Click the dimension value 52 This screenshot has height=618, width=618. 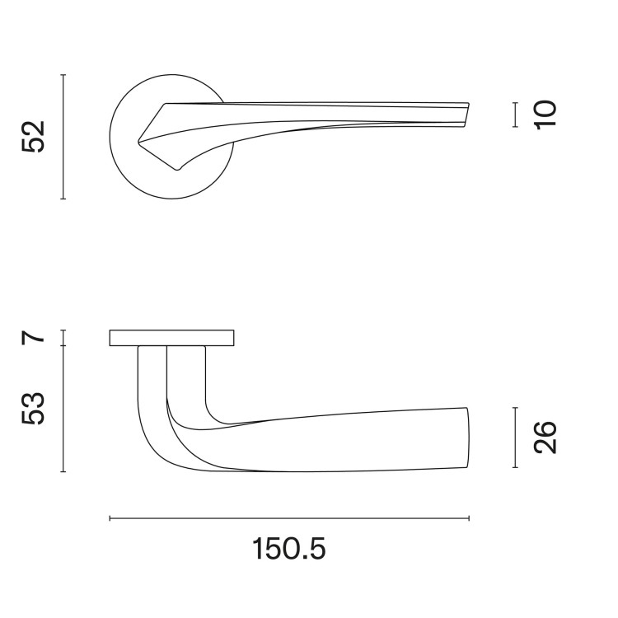click(x=33, y=137)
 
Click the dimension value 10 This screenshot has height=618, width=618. click(x=545, y=114)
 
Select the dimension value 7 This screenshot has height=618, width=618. click(x=33, y=337)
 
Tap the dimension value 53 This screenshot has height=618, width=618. click(x=33, y=409)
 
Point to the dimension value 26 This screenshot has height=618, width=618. click(x=545, y=438)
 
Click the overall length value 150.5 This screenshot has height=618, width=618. click(x=288, y=548)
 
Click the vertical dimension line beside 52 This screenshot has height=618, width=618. click(x=63, y=137)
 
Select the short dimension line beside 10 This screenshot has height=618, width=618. click(x=514, y=115)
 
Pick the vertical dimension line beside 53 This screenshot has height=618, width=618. click(x=63, y=409)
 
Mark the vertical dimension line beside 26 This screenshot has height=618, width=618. click(x=514, y=438)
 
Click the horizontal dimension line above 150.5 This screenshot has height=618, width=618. click(x=288, y=518)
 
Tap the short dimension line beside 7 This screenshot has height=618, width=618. click(x=63, y=337)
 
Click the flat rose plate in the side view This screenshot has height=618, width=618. click(x=171, y=338)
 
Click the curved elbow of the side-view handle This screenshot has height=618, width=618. click(x=157, y=445)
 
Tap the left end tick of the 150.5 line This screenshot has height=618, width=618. click(x=110, y=518)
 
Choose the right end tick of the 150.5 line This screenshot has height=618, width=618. click(x=469, y=518)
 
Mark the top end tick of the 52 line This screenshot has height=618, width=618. click(x=63, y=74)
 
